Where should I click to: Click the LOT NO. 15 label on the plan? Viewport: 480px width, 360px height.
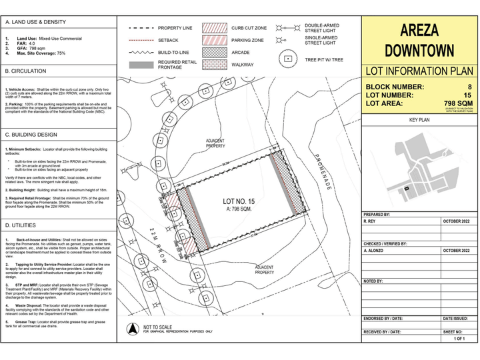pos(238,201)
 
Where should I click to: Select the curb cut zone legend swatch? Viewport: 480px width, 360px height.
pos(215,29)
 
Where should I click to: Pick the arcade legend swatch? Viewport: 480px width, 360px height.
pos(215,52)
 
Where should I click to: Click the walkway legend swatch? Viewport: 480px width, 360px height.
pos(215,65)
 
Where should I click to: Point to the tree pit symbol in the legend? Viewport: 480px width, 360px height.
pos(287,59)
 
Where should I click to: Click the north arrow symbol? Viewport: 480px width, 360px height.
pos(133,327)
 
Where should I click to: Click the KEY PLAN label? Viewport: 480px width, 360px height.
pos(419,120)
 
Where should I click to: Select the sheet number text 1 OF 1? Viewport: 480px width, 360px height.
pos(459,339)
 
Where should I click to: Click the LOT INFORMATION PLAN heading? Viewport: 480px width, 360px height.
pos(419,71)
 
